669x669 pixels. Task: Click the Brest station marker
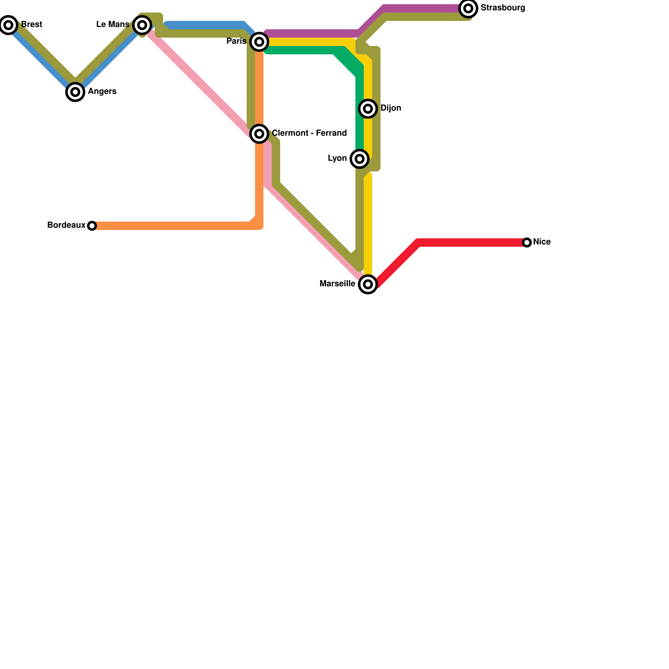coord(8,25)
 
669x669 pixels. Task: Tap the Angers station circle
coord(75,92)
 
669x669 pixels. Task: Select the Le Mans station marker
coord(142,25)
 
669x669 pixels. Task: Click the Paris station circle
coord(259,41)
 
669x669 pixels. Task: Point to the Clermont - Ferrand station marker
coord(259,134)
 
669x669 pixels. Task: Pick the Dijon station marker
coord(368,109)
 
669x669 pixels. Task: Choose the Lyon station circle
coord(360,159)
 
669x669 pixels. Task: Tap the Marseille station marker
coord(368,284)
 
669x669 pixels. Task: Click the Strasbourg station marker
coord(468,8)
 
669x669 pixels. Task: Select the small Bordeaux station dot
coord(92,226)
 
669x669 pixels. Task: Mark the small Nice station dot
coord(527,243)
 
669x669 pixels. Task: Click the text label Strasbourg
coord(503,8)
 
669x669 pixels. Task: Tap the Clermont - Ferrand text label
coord(309,133)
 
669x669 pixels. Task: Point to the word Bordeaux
coord(66,225)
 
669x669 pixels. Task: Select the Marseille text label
coord(337,284)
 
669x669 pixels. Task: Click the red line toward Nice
coord(468,243)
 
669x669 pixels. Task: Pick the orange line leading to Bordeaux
coord(176,226)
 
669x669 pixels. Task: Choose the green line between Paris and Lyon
coord(301,51)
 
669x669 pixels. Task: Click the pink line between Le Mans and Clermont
coord(201,84)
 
